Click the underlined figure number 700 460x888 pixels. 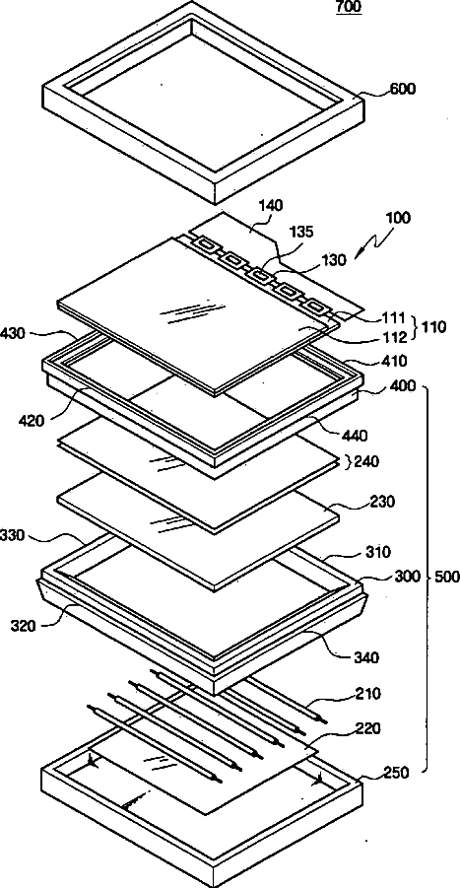(x=349, y=7)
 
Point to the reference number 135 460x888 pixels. (x=301, y=233)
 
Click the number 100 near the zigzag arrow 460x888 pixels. (x=399, y=218)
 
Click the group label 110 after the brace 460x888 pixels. (x=434, y=327)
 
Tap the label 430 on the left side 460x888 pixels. (x=14, y=333)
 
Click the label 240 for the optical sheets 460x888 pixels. (x=366, y=461)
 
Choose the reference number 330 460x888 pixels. (x=13, y=535)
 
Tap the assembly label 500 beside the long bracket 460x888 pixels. (x=447, y=578)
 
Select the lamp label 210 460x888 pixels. (x=384, y=693)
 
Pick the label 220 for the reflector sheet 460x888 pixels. (x=384, y=727)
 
